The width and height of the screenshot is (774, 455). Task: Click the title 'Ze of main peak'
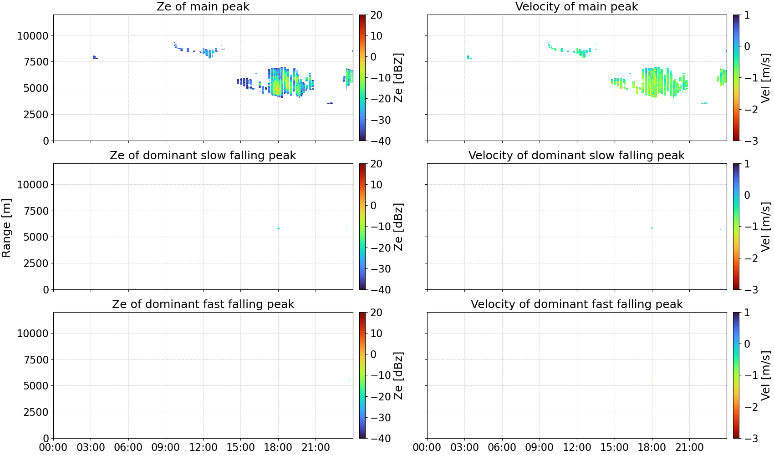[x=203, y=6]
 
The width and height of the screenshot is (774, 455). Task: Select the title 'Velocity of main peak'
[x=577, y=6]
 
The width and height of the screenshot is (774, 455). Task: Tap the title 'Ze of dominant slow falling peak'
[x=203, y=155]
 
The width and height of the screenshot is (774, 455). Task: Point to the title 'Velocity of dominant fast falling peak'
[x=577, y=304]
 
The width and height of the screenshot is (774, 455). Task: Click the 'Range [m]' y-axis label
[x=6, y=228]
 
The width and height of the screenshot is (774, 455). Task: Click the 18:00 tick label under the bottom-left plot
[x=278, y=447]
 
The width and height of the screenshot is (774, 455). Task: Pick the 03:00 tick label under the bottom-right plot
[x=465, y=447]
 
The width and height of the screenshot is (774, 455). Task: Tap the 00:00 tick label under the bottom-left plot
[x=53, y=447]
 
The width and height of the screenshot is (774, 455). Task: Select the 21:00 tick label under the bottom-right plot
[x=689, y=447]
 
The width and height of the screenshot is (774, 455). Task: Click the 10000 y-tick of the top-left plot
[x=33, y=35]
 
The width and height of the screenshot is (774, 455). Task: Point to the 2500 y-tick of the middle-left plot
[x=36, y=263]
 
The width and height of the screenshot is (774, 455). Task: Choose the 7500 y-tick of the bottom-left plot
[x=36, y=359]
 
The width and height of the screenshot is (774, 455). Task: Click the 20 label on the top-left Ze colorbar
[x=376, y=15]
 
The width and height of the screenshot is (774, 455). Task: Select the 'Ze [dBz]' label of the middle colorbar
[x=398, y=227]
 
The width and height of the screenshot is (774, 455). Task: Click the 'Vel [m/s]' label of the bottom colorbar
[x=766, y=375]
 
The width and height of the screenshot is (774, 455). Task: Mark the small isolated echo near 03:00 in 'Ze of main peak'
[x=94, y=57]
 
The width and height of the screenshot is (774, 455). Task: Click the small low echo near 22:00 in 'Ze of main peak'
[x=332, y=103]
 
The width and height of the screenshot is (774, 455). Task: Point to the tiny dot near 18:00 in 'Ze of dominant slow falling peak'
[x=278, y=228]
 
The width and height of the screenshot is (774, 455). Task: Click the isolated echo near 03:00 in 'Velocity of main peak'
[x=468, y=57]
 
